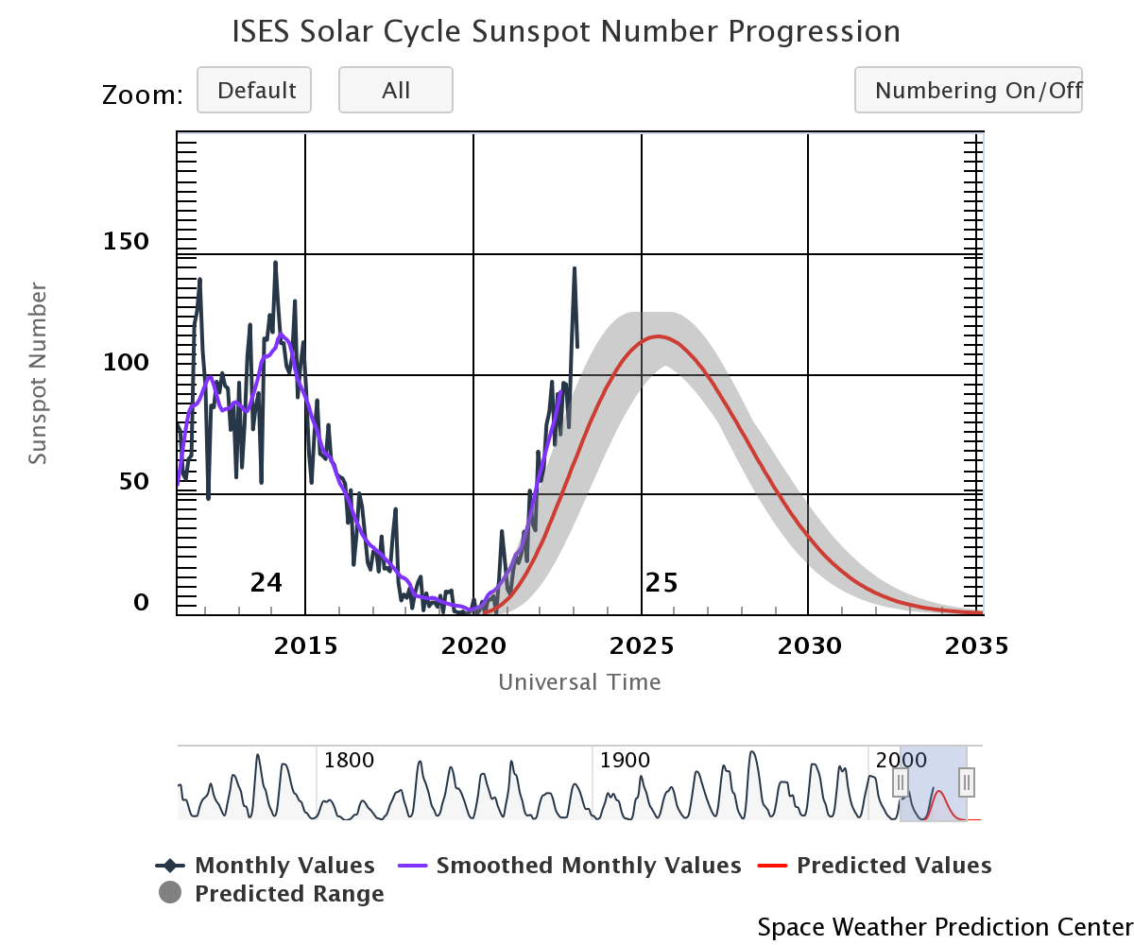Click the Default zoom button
click(254, 91)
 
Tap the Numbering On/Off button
click(969, 91)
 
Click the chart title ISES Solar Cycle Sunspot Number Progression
click(566, 32)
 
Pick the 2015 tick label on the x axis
click(305, 647)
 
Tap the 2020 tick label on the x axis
click(473, 647)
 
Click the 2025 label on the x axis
click(642, 647)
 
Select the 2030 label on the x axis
click(808, 647)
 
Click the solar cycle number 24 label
click(266, 583)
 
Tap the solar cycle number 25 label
click(661, 583)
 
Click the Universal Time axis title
click(579, 682)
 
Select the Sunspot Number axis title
click(38, 373)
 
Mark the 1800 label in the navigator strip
click(350, 761)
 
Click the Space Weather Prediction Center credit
click(944, 927)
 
